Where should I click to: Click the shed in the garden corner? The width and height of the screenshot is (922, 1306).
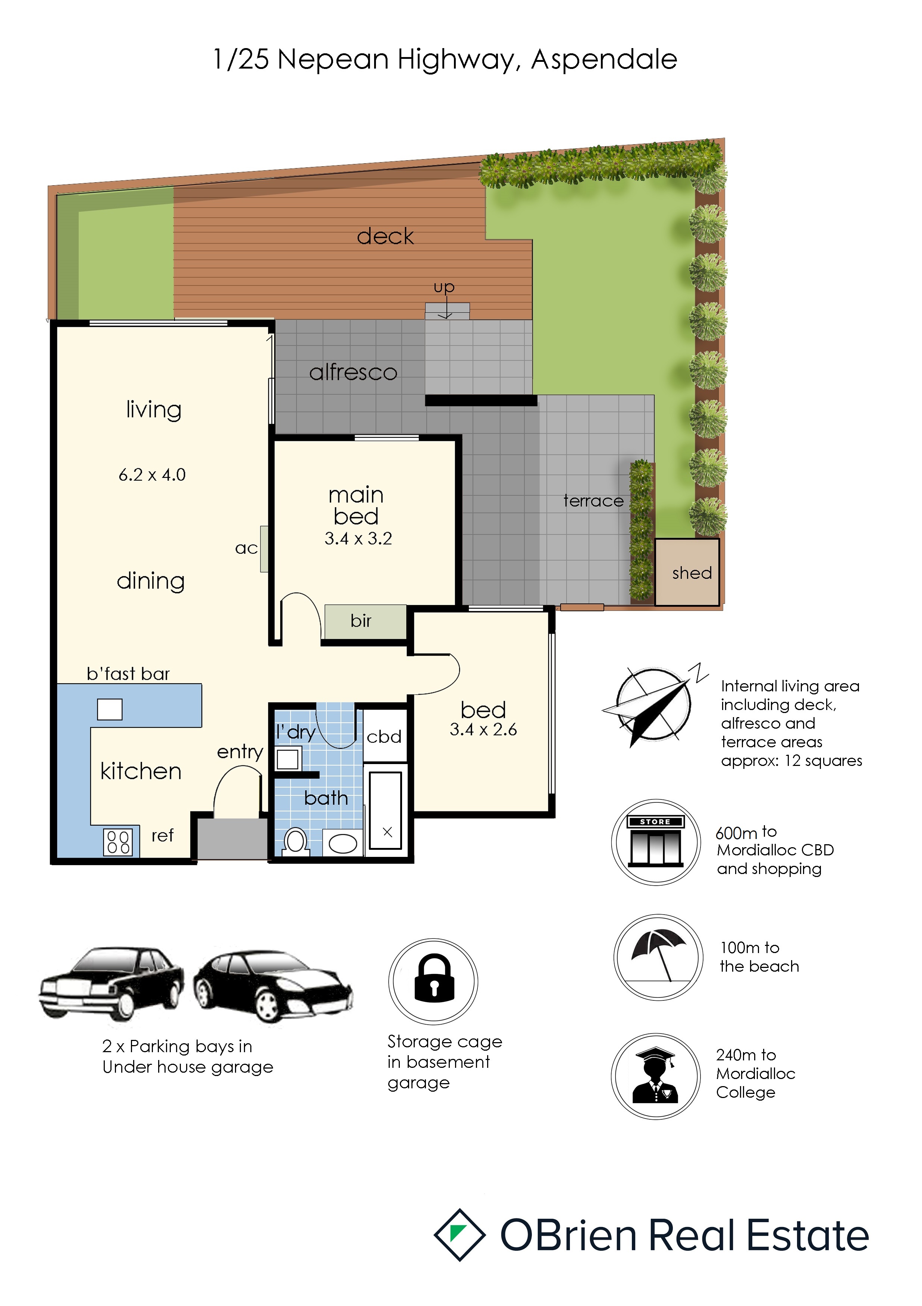click(x=687, y=572)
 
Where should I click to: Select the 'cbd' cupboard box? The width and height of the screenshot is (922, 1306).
click(x=385, y=735)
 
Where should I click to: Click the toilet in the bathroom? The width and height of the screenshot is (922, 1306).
click(x=295, y=841)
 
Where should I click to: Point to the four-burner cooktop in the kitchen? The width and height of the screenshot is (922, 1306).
click(x=118, y=842)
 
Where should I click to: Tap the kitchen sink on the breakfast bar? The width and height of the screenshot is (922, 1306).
click(x=110, y=709)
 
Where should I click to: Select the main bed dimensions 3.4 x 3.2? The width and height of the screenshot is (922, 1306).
click(x=358, y=539)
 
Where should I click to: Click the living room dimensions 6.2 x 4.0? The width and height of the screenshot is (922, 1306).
click(x=152, y=475)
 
